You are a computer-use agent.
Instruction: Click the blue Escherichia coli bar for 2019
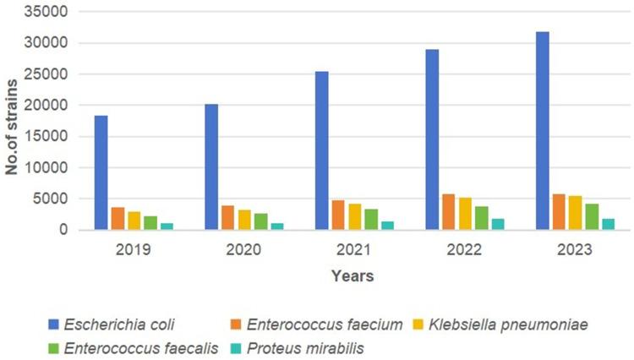coord(101,172)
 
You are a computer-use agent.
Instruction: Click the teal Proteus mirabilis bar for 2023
coord(608,224)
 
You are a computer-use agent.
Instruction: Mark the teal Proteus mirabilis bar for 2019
coord(167,226)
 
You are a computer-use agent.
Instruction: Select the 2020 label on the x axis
coord(243,251)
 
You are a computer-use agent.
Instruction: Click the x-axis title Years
coord(353,275)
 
